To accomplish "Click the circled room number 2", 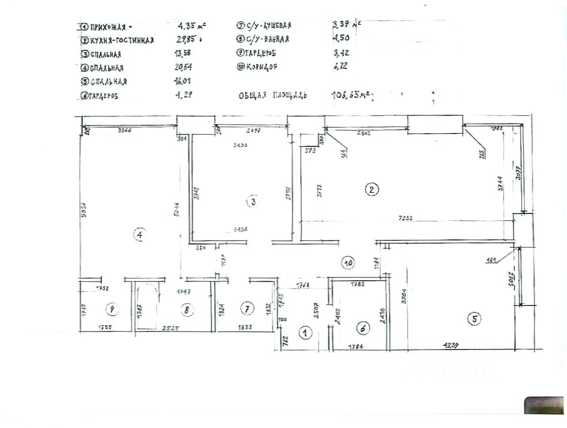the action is tap(371, 190).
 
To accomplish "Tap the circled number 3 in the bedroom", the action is tap(253, 202).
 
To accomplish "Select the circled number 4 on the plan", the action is tap(139, 235).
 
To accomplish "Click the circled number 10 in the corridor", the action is tap(348, 261).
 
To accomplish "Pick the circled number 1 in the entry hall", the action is tap(305, 333).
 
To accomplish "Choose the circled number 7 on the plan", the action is tap(246, 309).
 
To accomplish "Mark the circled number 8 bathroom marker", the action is tap(187, 310).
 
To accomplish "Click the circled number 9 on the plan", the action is tap(112, 310).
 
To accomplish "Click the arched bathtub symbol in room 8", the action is tap(146, 304).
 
